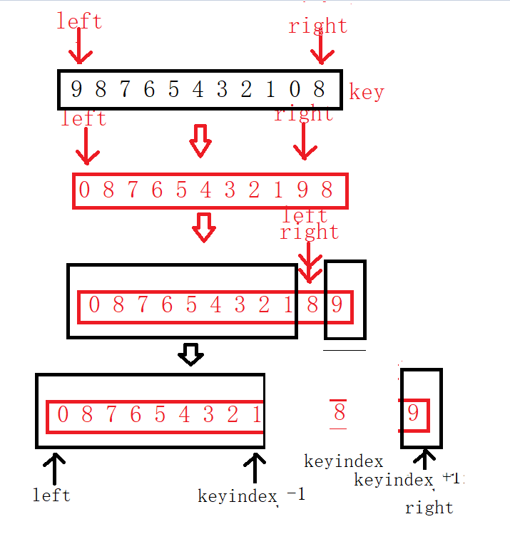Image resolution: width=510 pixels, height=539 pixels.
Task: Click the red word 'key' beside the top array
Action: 367,92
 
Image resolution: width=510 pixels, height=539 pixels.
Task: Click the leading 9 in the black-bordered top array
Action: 76,89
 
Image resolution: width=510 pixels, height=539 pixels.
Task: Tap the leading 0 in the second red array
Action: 84,190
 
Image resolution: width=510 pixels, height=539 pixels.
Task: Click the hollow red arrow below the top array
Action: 200,140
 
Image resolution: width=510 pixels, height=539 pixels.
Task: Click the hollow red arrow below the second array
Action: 205,228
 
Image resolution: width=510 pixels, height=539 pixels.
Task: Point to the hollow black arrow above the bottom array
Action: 190,354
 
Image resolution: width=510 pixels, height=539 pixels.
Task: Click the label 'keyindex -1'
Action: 251,495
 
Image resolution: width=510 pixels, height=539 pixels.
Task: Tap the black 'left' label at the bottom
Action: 51,494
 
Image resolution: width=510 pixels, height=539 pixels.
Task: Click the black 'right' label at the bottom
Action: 429,508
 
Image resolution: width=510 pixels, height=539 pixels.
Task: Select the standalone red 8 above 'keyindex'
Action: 339,413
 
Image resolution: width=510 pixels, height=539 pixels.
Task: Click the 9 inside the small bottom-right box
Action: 414,413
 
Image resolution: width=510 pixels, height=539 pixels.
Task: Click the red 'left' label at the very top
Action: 79,21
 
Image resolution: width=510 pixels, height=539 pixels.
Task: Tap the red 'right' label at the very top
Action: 317,26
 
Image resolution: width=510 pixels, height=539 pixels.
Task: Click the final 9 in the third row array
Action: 337,306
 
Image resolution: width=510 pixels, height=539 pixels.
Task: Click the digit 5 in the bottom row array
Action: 160,414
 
